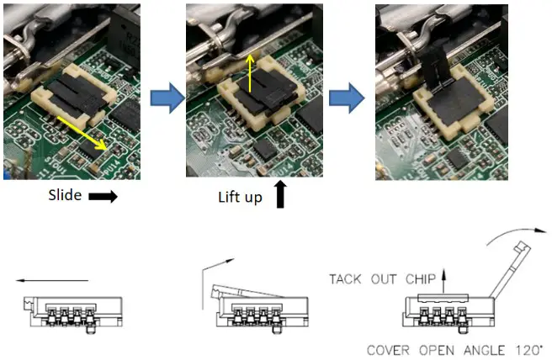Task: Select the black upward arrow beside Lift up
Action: point(280,195)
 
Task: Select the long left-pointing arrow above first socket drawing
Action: point(51,280)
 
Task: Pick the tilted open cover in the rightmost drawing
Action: point(507,278)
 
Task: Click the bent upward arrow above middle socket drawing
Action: point(206,282)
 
